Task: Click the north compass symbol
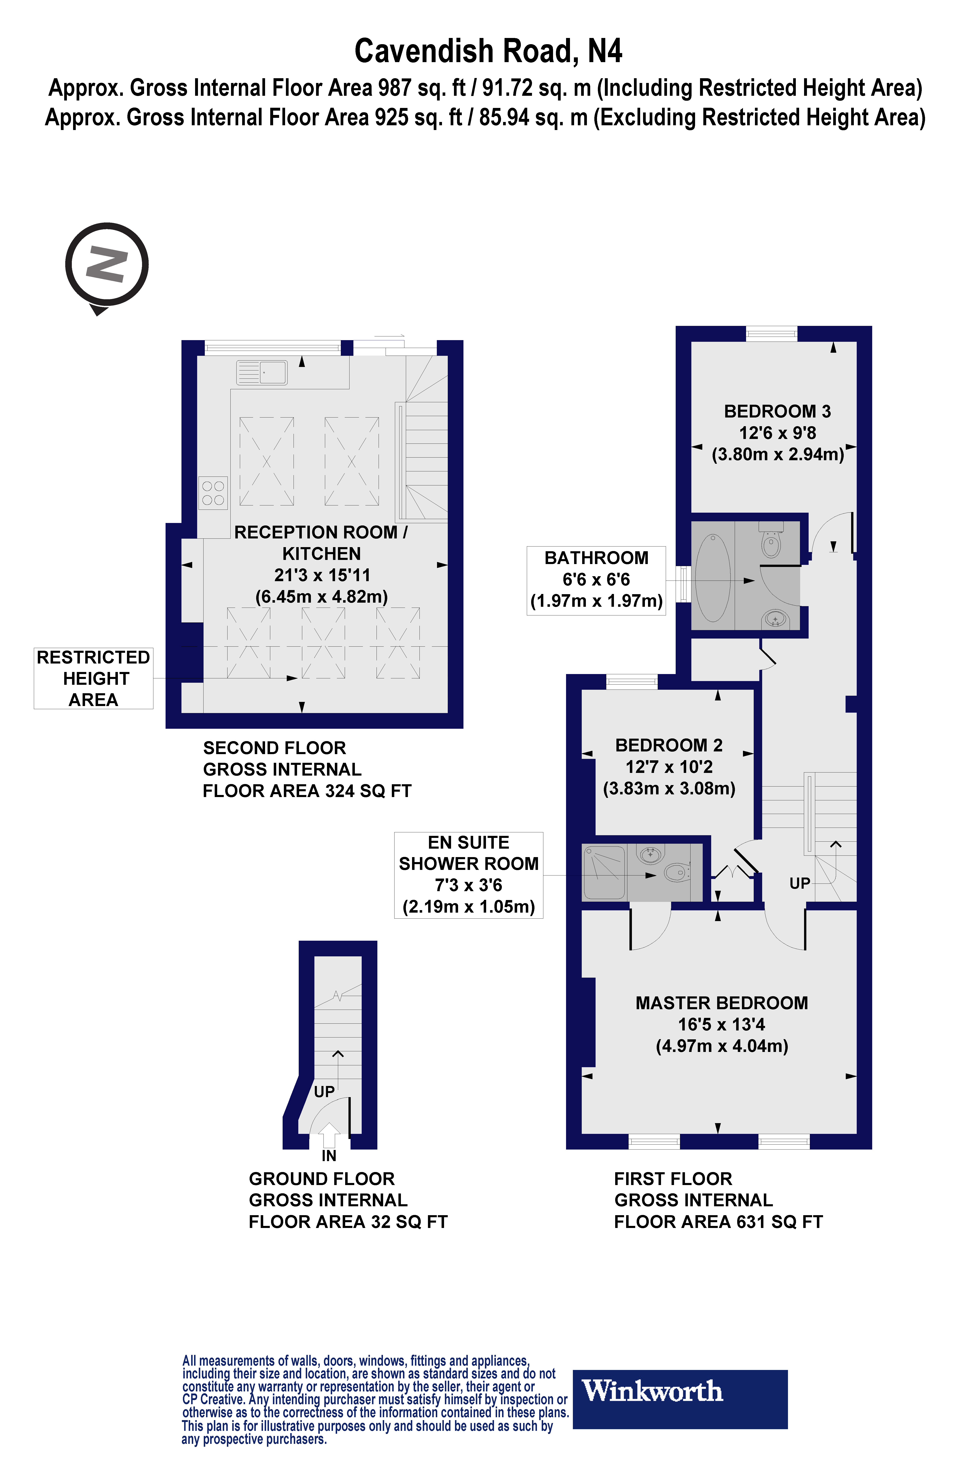pos(107,265)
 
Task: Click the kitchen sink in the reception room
pos(262,372)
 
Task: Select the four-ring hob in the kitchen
pos(213,493)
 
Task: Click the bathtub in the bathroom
pos(713,577)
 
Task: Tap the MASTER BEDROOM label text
pos(721,1003)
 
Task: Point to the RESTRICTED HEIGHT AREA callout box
pos(93,678)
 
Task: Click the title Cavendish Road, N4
pos(488,51)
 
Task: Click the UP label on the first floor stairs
pos(799,883)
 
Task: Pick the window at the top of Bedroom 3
pos(771,334)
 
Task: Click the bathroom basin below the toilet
pos(775,619)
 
